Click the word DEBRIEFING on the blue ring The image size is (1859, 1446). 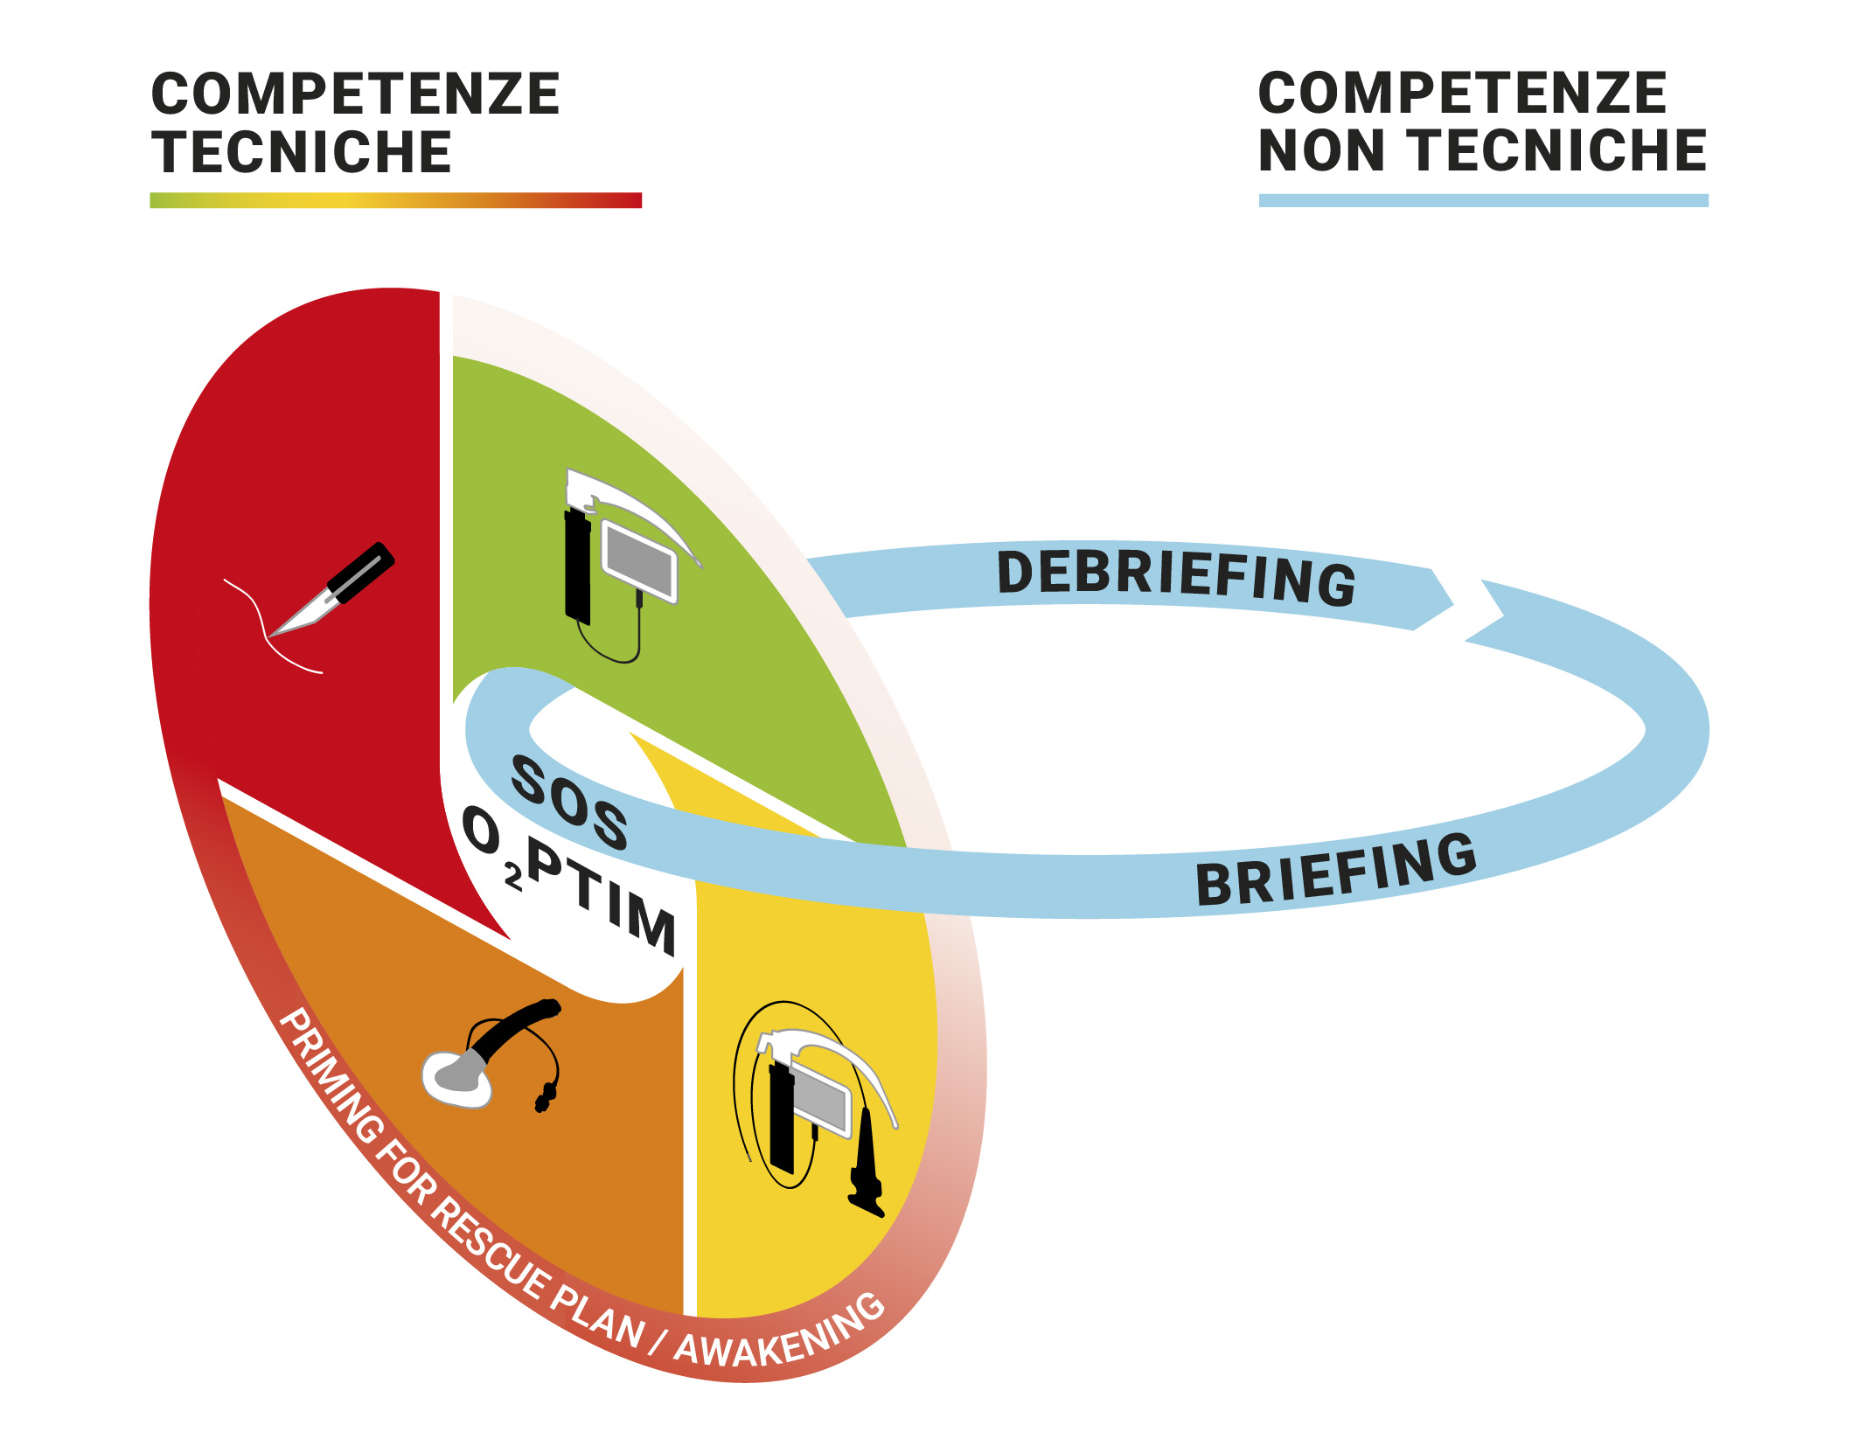point(1176,577)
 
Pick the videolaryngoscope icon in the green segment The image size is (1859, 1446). point(621,560)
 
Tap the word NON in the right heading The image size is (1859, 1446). point(1321,150)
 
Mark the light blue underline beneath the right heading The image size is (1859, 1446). point(1483,200)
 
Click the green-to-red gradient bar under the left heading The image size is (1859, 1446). point(395,200)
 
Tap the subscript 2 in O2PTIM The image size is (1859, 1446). point(513,877)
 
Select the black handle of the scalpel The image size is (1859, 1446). point(361,573)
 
